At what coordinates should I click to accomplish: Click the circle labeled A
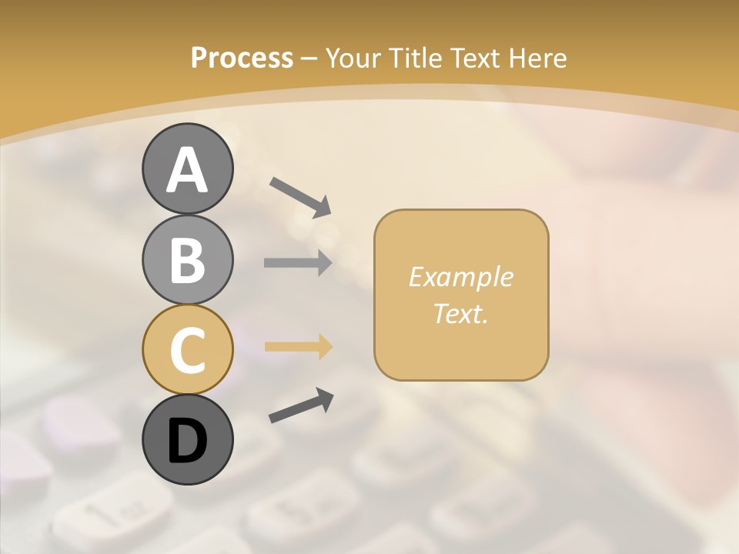[x=187, y=169]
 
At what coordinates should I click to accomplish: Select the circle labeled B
[x=187, y=259]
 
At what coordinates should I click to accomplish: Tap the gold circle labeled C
[x=187, y=349]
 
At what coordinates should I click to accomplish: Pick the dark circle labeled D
[x=187, y=439]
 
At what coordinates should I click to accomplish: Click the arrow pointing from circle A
[x=300, y=196]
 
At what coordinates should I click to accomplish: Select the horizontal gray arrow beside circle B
[x=298, y=263]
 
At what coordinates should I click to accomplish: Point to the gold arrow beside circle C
[x=298, y=346]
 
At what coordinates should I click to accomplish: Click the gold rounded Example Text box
[x=461, y=295]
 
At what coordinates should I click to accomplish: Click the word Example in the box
[x=461, y=277]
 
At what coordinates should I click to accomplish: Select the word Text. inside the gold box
[x=461, y=313]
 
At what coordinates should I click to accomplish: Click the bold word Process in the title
[x=242, y=58]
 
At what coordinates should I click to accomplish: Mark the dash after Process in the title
[x=309, y=58]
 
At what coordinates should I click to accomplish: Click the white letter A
[x=187, y=170]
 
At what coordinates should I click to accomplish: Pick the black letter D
[x=187, y=441]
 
